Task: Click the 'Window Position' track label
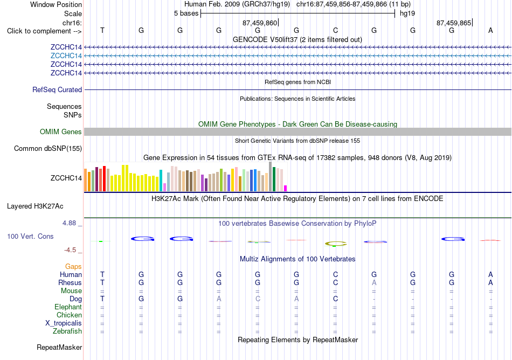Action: coord(56,4)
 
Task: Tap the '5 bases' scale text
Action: coord(186,13)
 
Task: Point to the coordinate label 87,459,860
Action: coord(260,23)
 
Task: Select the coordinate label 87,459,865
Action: coord(454,23)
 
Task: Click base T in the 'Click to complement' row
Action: coord(102,30)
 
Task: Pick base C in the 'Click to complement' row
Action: coord(335,30)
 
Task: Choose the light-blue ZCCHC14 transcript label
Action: coord(66,56)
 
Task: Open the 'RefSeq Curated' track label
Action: coord(57,90)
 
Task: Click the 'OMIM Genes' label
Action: coord(61,132)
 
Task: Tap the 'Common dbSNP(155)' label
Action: coord(48,149)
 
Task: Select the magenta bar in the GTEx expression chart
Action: coord(286,188)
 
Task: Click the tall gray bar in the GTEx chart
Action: coord(271,177)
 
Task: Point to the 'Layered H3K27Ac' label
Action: coord(35,206)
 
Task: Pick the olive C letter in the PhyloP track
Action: coord(336,244)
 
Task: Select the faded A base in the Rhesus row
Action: coord(374,282)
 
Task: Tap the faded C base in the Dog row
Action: coord(258,299)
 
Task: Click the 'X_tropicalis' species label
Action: coord(64,323)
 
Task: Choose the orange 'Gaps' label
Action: coord(73,267)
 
